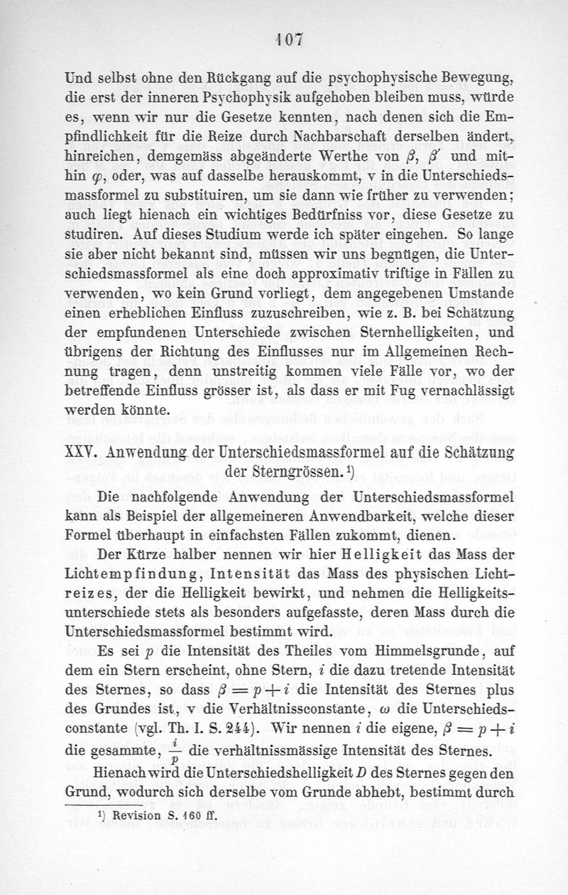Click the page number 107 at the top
coord(284,42)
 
